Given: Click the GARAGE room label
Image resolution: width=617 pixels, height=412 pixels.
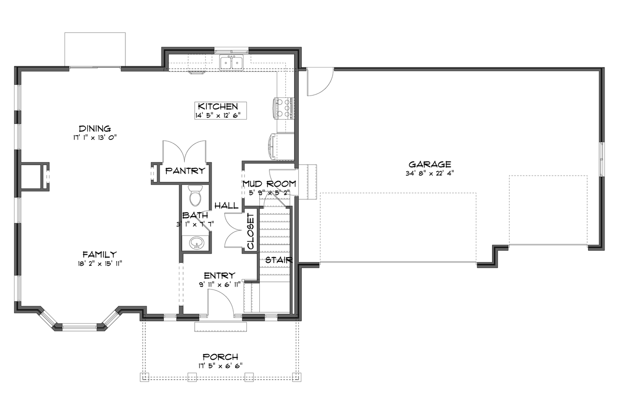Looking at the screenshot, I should [429, 164].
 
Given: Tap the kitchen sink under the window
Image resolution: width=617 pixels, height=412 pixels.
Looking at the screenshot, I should [231, 63].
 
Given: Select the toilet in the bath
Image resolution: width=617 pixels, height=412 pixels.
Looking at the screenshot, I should [196, 197].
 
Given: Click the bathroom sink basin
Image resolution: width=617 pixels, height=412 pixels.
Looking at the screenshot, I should [197, 243].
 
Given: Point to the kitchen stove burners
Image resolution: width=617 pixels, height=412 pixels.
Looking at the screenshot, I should [283, 108].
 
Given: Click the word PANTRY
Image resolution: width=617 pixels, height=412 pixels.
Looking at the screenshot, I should [185, 171].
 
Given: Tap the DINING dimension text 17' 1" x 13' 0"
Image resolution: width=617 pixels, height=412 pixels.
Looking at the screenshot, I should [95, 137].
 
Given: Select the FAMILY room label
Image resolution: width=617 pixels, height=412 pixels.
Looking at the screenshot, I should [99, 254].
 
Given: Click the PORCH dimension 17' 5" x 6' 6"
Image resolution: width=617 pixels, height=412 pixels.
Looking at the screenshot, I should [220, 365].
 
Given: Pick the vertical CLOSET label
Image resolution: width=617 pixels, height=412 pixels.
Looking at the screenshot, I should [251, 232].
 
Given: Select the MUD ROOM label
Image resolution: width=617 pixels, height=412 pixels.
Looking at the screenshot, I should [269, 184].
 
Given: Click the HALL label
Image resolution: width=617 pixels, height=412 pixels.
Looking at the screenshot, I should [226, 206].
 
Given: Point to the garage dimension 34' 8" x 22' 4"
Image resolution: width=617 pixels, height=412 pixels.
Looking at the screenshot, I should [429, 173].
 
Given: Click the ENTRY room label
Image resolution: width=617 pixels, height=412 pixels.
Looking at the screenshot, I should [219, 275].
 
